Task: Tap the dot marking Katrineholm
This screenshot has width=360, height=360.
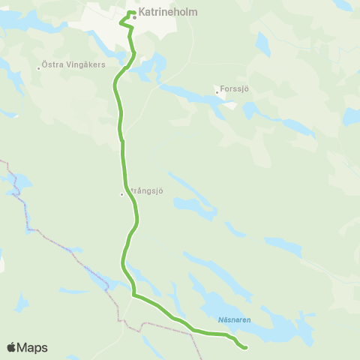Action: point(134,17)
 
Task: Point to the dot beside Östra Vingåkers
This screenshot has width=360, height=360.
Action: point(39,68)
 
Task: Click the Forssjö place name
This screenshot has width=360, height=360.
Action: point(235,89)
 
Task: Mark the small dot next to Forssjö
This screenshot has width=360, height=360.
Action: point(217,92)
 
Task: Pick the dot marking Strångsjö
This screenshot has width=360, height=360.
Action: point(121,194)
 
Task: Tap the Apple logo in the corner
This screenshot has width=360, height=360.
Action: point(12,347)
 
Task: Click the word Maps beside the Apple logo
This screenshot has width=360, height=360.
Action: point(33,347)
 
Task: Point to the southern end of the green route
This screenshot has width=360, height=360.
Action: point(246,347)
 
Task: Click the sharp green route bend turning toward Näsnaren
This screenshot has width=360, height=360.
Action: point(133,295)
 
